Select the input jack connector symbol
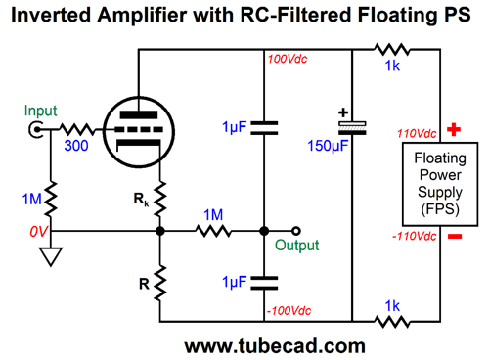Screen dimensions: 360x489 click(x=39, y=130)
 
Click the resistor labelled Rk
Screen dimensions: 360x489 click(x=160, y=201)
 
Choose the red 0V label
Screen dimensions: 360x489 click(x=38, y=232)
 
